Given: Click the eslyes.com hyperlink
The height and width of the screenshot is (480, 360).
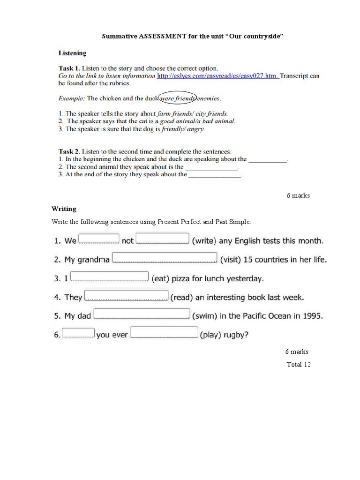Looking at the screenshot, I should (218, 75).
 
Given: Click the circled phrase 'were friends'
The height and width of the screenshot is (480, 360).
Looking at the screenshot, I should (178, 98).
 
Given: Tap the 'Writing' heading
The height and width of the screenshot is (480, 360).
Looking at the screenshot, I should (64, 209).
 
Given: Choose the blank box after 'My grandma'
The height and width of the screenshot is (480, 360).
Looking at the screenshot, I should (165, 258).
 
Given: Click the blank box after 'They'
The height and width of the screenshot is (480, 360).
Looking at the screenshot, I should (126, 296).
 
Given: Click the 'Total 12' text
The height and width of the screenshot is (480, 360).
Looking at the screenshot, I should (299, 364).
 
